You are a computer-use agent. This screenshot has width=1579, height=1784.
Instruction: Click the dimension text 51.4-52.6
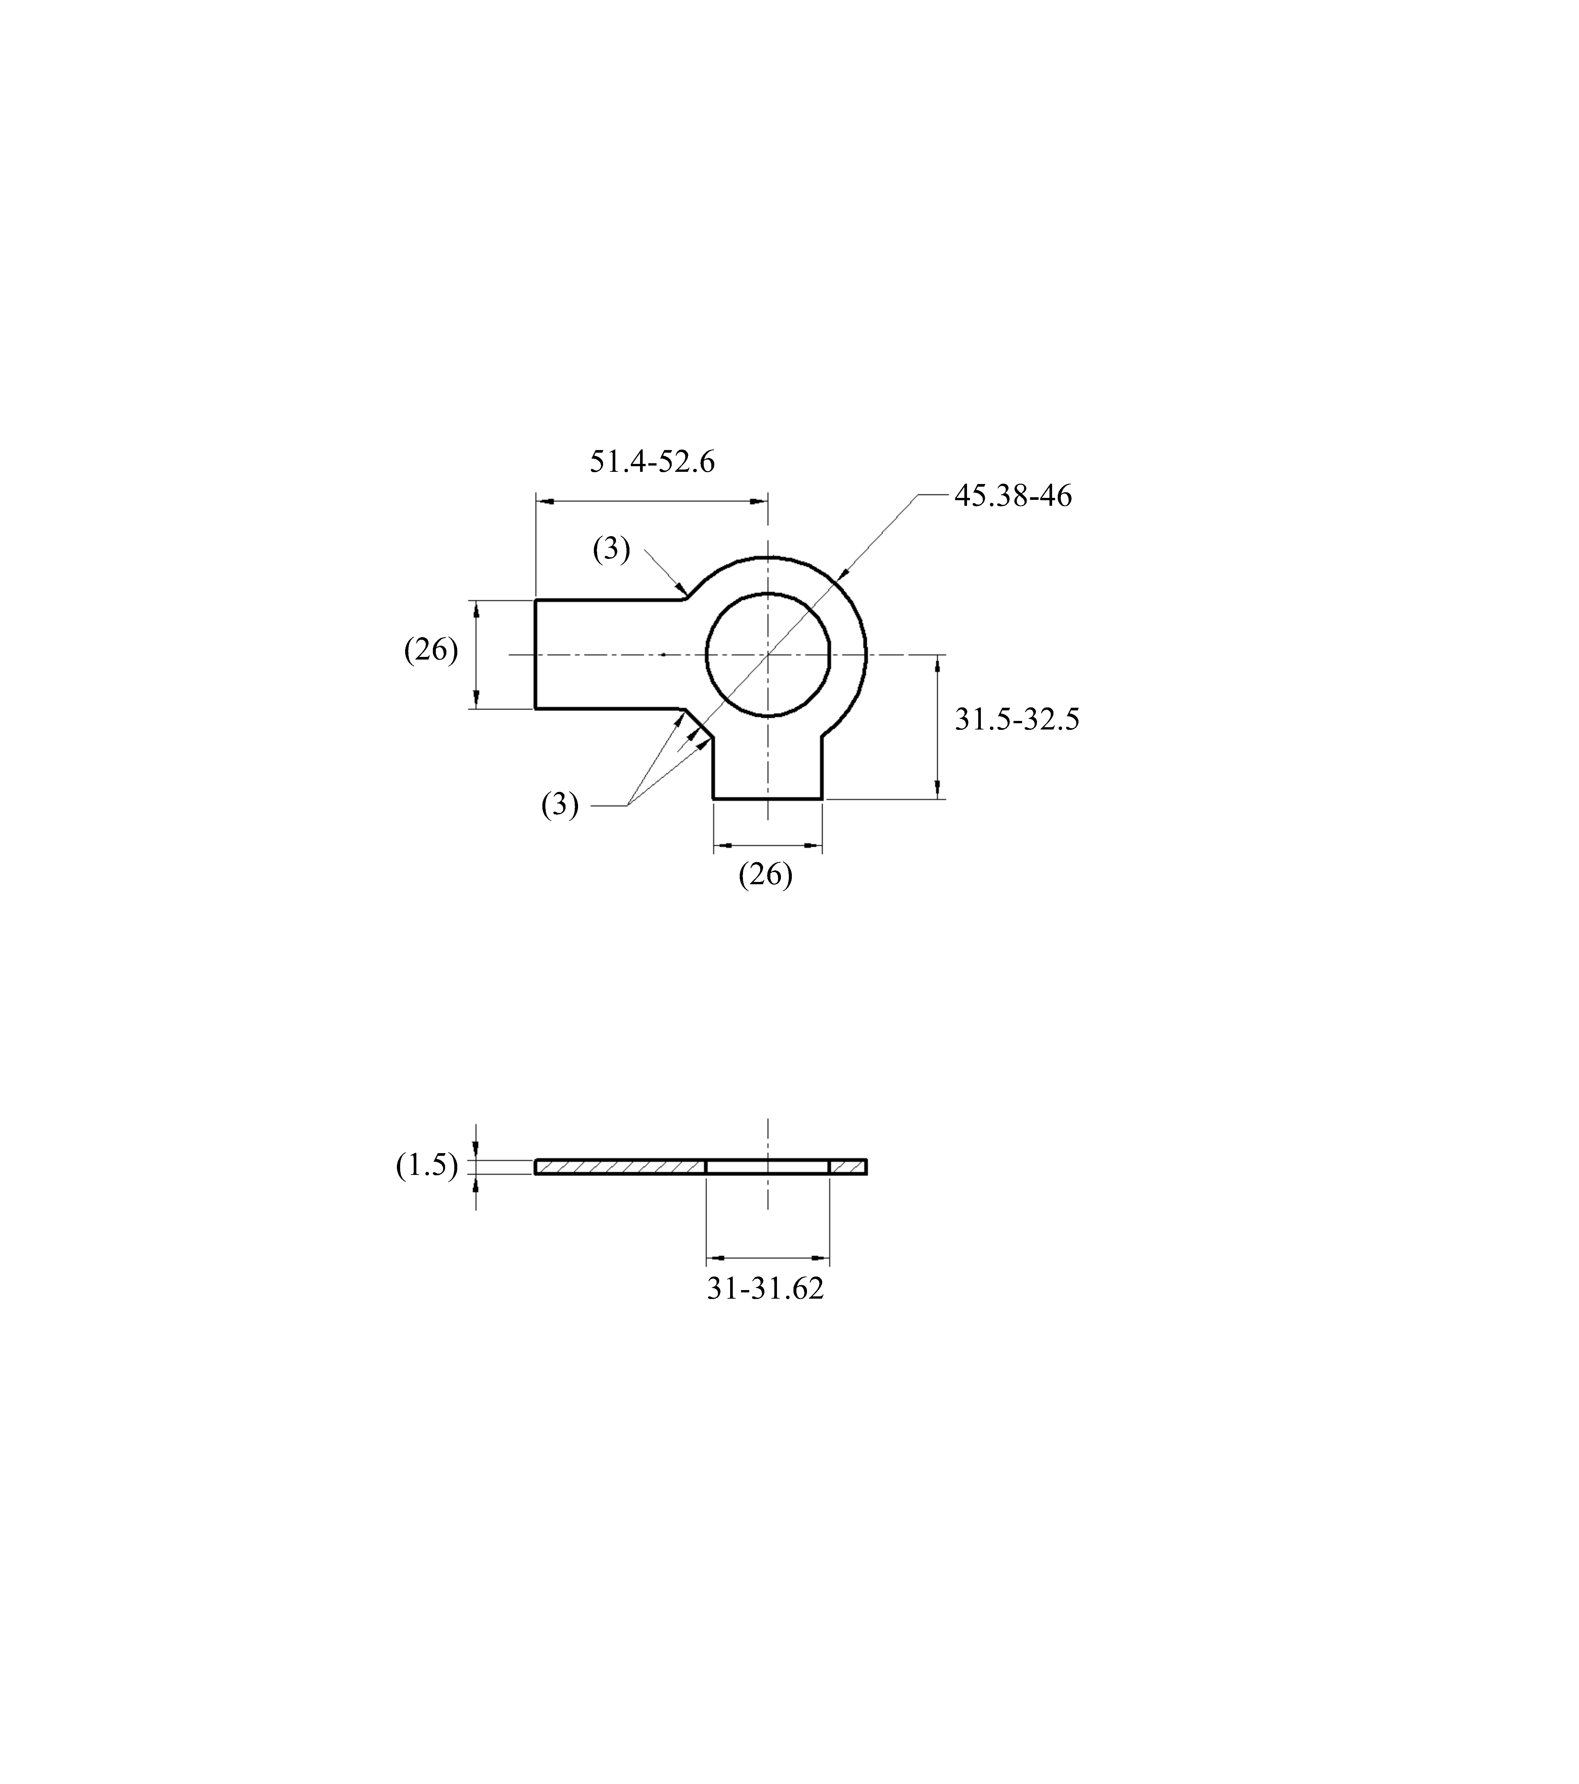point(652,461)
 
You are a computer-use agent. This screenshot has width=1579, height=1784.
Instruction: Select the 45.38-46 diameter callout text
point(1013,496)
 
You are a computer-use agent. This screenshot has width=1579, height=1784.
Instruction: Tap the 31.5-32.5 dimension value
point(1017,719)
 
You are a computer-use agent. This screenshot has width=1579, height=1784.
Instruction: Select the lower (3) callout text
point(560,805)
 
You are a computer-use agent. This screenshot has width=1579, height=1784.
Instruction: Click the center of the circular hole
point(767,654)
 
